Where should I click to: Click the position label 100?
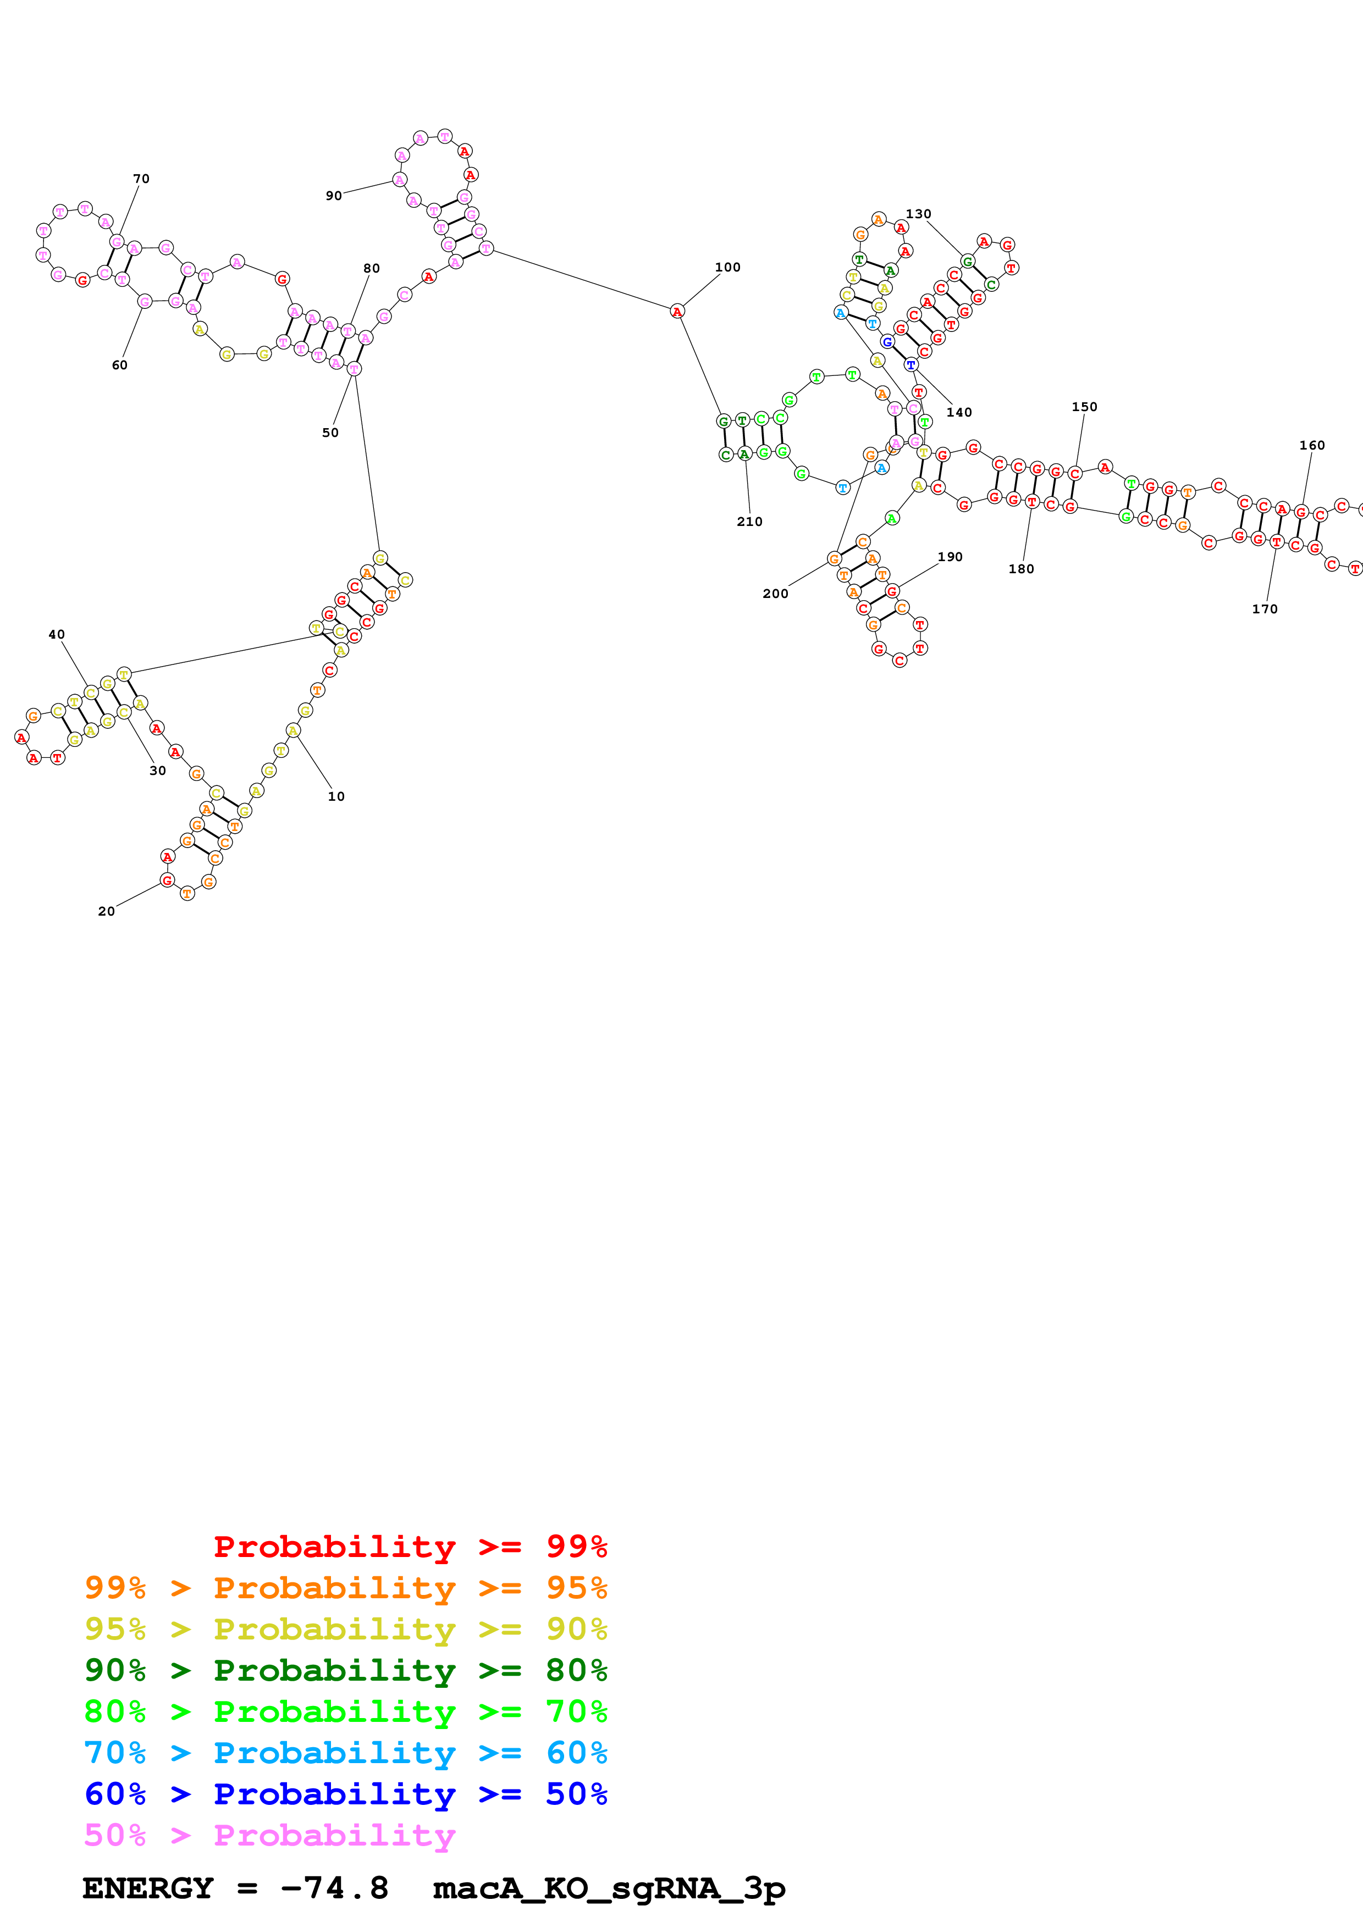(727, 267)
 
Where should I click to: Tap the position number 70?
(141, 179)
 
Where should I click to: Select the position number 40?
(56, 634)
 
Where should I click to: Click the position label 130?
(918, 214)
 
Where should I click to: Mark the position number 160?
(1312, 445)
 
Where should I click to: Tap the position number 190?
(950, 557)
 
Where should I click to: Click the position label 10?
(336, 796)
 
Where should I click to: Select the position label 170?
(1265, 609)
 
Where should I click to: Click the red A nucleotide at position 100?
(677, 312)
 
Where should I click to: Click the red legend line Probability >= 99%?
(410, 1547)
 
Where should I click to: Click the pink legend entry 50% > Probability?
(269, 1835)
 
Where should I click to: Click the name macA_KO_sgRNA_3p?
(609, 1888)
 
